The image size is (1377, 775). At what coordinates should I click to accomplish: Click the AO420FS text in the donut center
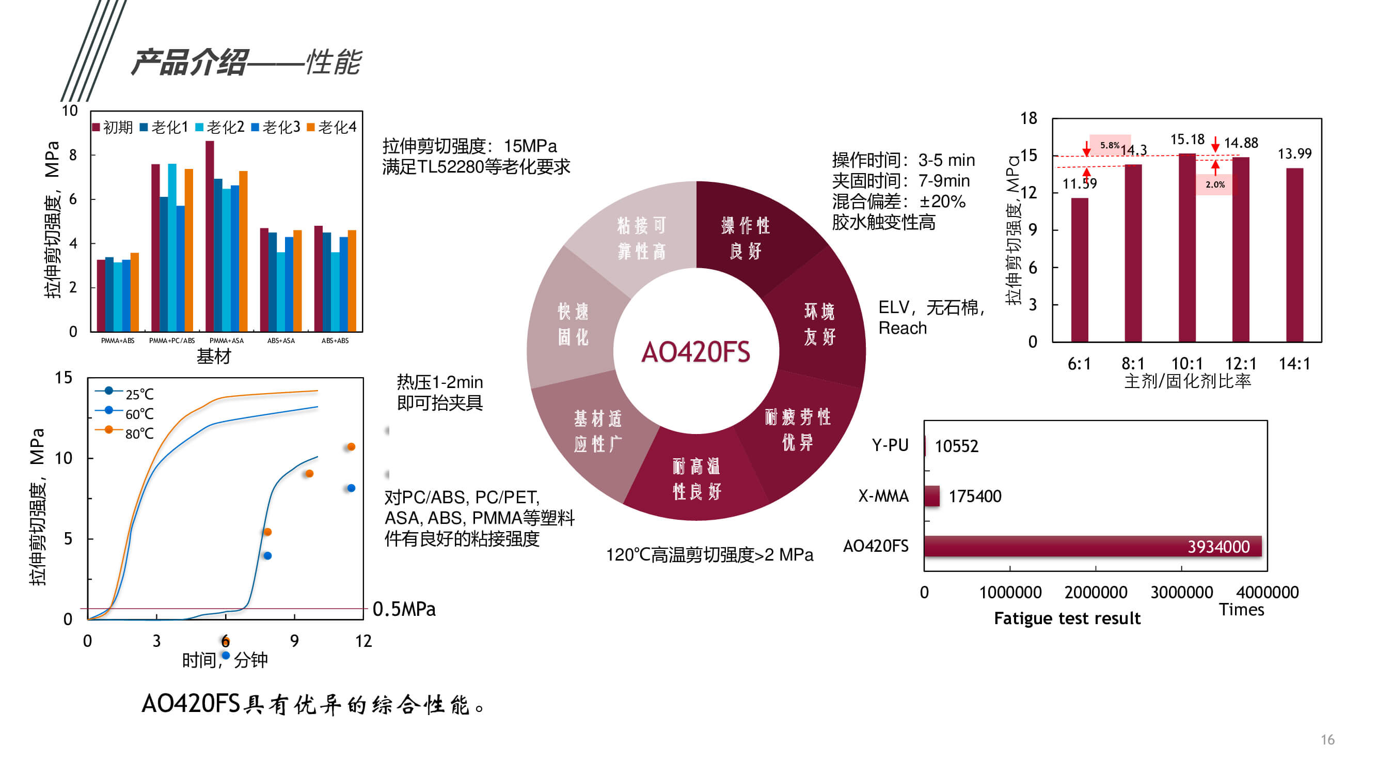tap(695, 352)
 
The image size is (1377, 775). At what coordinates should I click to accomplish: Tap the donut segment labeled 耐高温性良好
tap(696, 479)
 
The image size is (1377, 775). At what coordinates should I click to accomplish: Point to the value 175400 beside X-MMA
tap(974, 497)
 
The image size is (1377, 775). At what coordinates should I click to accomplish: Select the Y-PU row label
tap(890, 445)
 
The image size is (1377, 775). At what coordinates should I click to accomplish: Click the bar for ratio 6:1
tap(1079, 270)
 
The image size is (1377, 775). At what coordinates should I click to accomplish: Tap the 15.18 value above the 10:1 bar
tap(1186, 139)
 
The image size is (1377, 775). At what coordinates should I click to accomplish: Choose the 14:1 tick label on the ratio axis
tap(1294, 364)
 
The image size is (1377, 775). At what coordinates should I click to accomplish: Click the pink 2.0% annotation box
tap(1214, 184)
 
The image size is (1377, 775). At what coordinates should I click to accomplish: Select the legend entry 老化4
tap(332, 127)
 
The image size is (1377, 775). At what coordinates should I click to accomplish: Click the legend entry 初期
tap(113, 127)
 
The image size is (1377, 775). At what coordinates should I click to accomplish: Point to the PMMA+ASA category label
tap(226, 340)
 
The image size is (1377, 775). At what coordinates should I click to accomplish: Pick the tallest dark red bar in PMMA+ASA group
tap(210, 235)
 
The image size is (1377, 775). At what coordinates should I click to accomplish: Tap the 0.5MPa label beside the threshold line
tap(404, 609)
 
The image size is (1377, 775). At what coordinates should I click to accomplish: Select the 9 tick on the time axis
tap(294, 641)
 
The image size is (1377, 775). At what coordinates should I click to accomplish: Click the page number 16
tap(1327, 740)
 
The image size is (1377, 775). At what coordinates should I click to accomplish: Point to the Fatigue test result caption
tap(1067, 618)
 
